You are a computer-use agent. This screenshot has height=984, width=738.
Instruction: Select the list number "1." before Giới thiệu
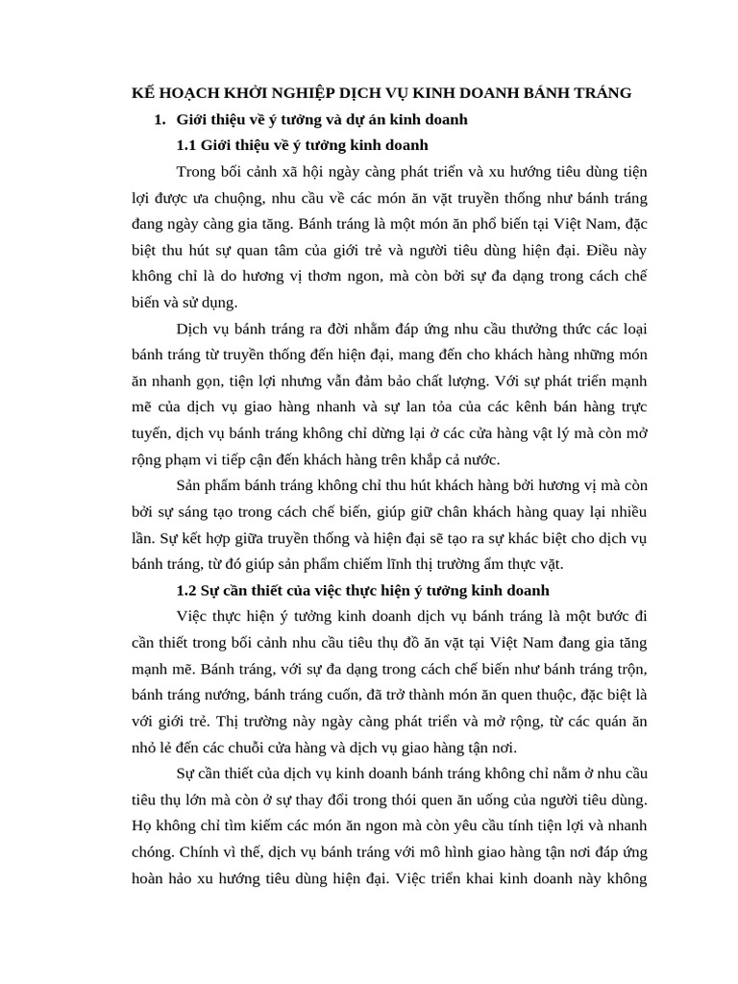[x=160, y=119]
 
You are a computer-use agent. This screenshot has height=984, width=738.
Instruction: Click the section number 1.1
[x=186, y=145]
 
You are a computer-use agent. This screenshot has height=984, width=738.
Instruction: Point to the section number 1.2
[x=186, y=589]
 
